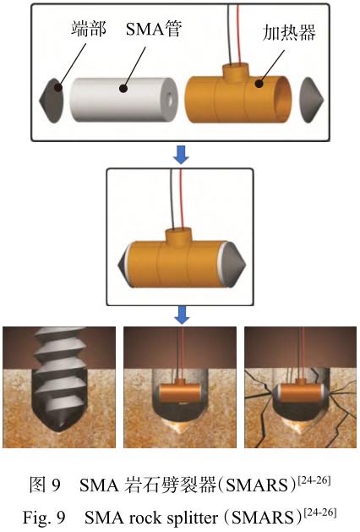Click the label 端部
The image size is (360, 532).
tap(89, 28)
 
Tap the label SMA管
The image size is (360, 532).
tap(154, 28)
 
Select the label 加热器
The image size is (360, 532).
tap(289, 32)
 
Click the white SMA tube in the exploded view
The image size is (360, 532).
tap(123, 100)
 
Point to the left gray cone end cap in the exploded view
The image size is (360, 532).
tap(52, 101)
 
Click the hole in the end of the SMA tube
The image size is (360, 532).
tap(170, 100)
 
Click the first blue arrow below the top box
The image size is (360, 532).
tap(181, 155)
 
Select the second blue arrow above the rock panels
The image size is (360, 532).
tap(182, 315)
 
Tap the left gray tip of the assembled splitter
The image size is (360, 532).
tap(124, 264)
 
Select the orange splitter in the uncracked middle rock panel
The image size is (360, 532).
tap(180, 393)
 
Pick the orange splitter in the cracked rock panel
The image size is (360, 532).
tap(301, 393)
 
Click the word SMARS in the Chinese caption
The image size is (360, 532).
tap(258, 485)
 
